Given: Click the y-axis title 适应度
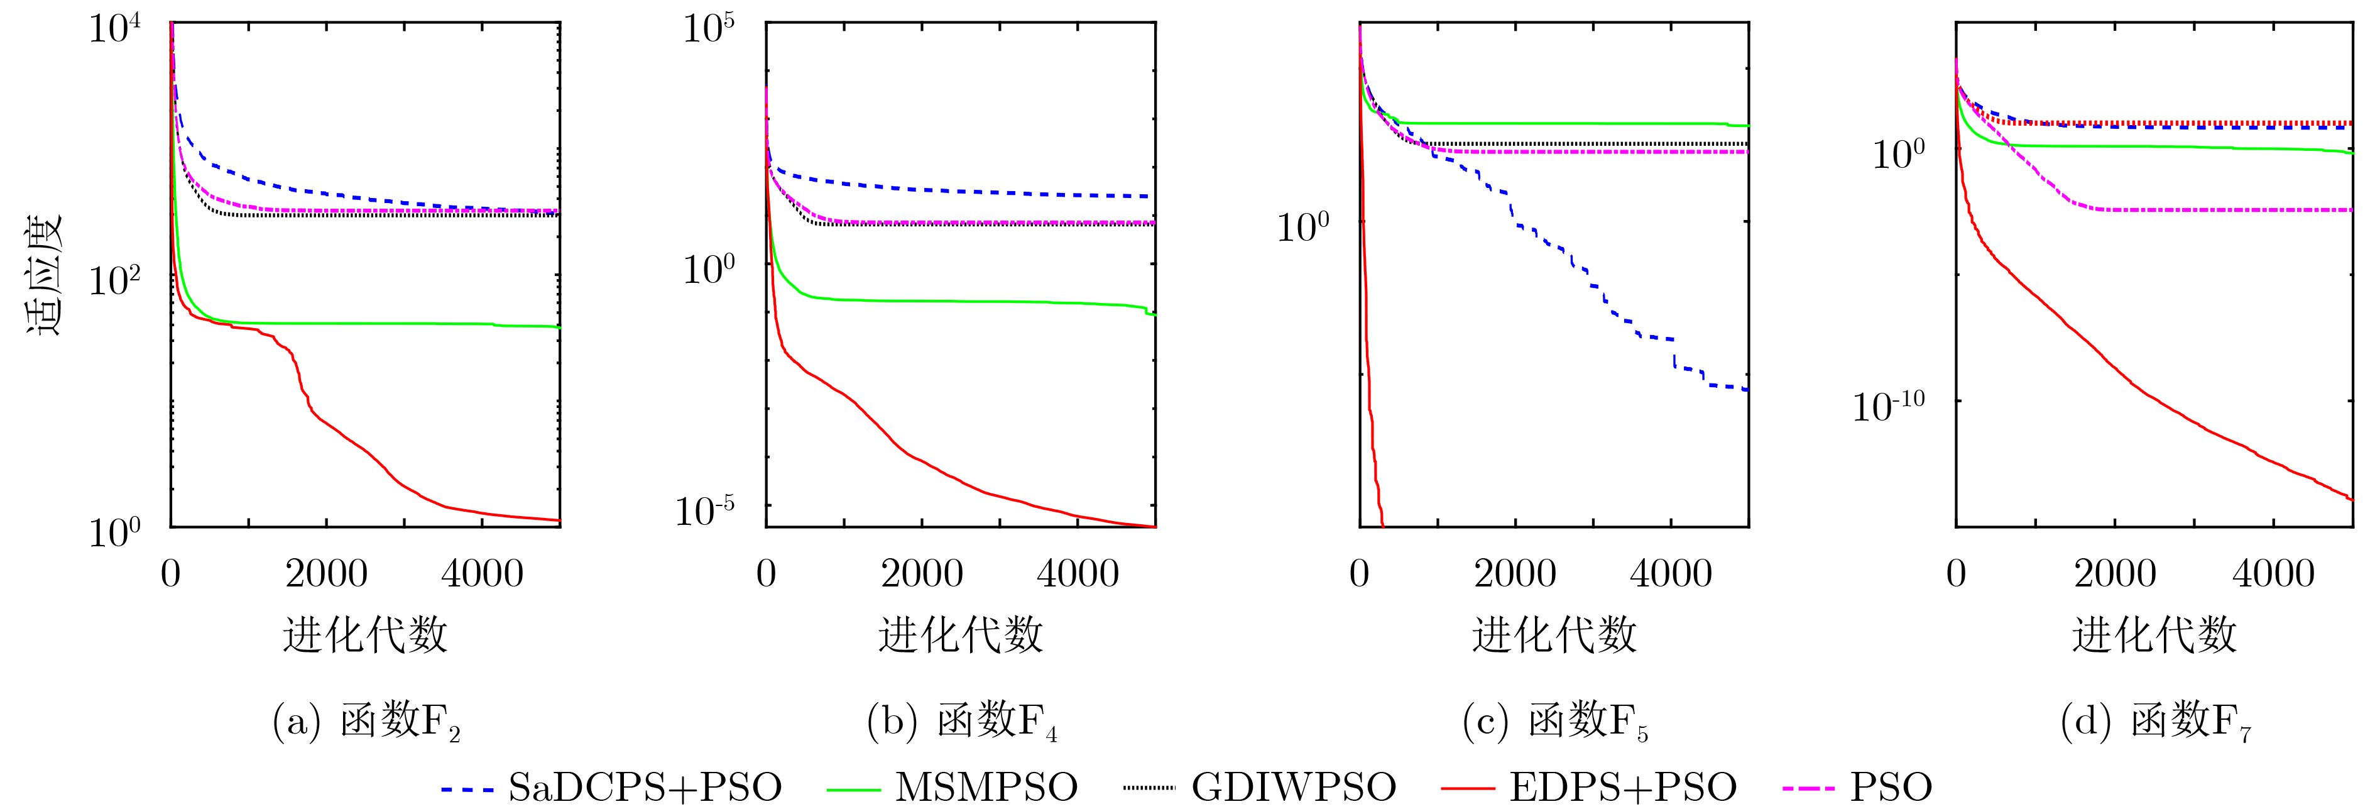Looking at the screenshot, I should pos(43,274).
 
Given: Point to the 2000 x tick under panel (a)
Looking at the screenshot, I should pos(326,574).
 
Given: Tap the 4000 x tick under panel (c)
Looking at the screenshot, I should pos(1671,574).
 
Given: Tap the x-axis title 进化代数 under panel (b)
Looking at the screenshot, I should pos(960,635).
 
